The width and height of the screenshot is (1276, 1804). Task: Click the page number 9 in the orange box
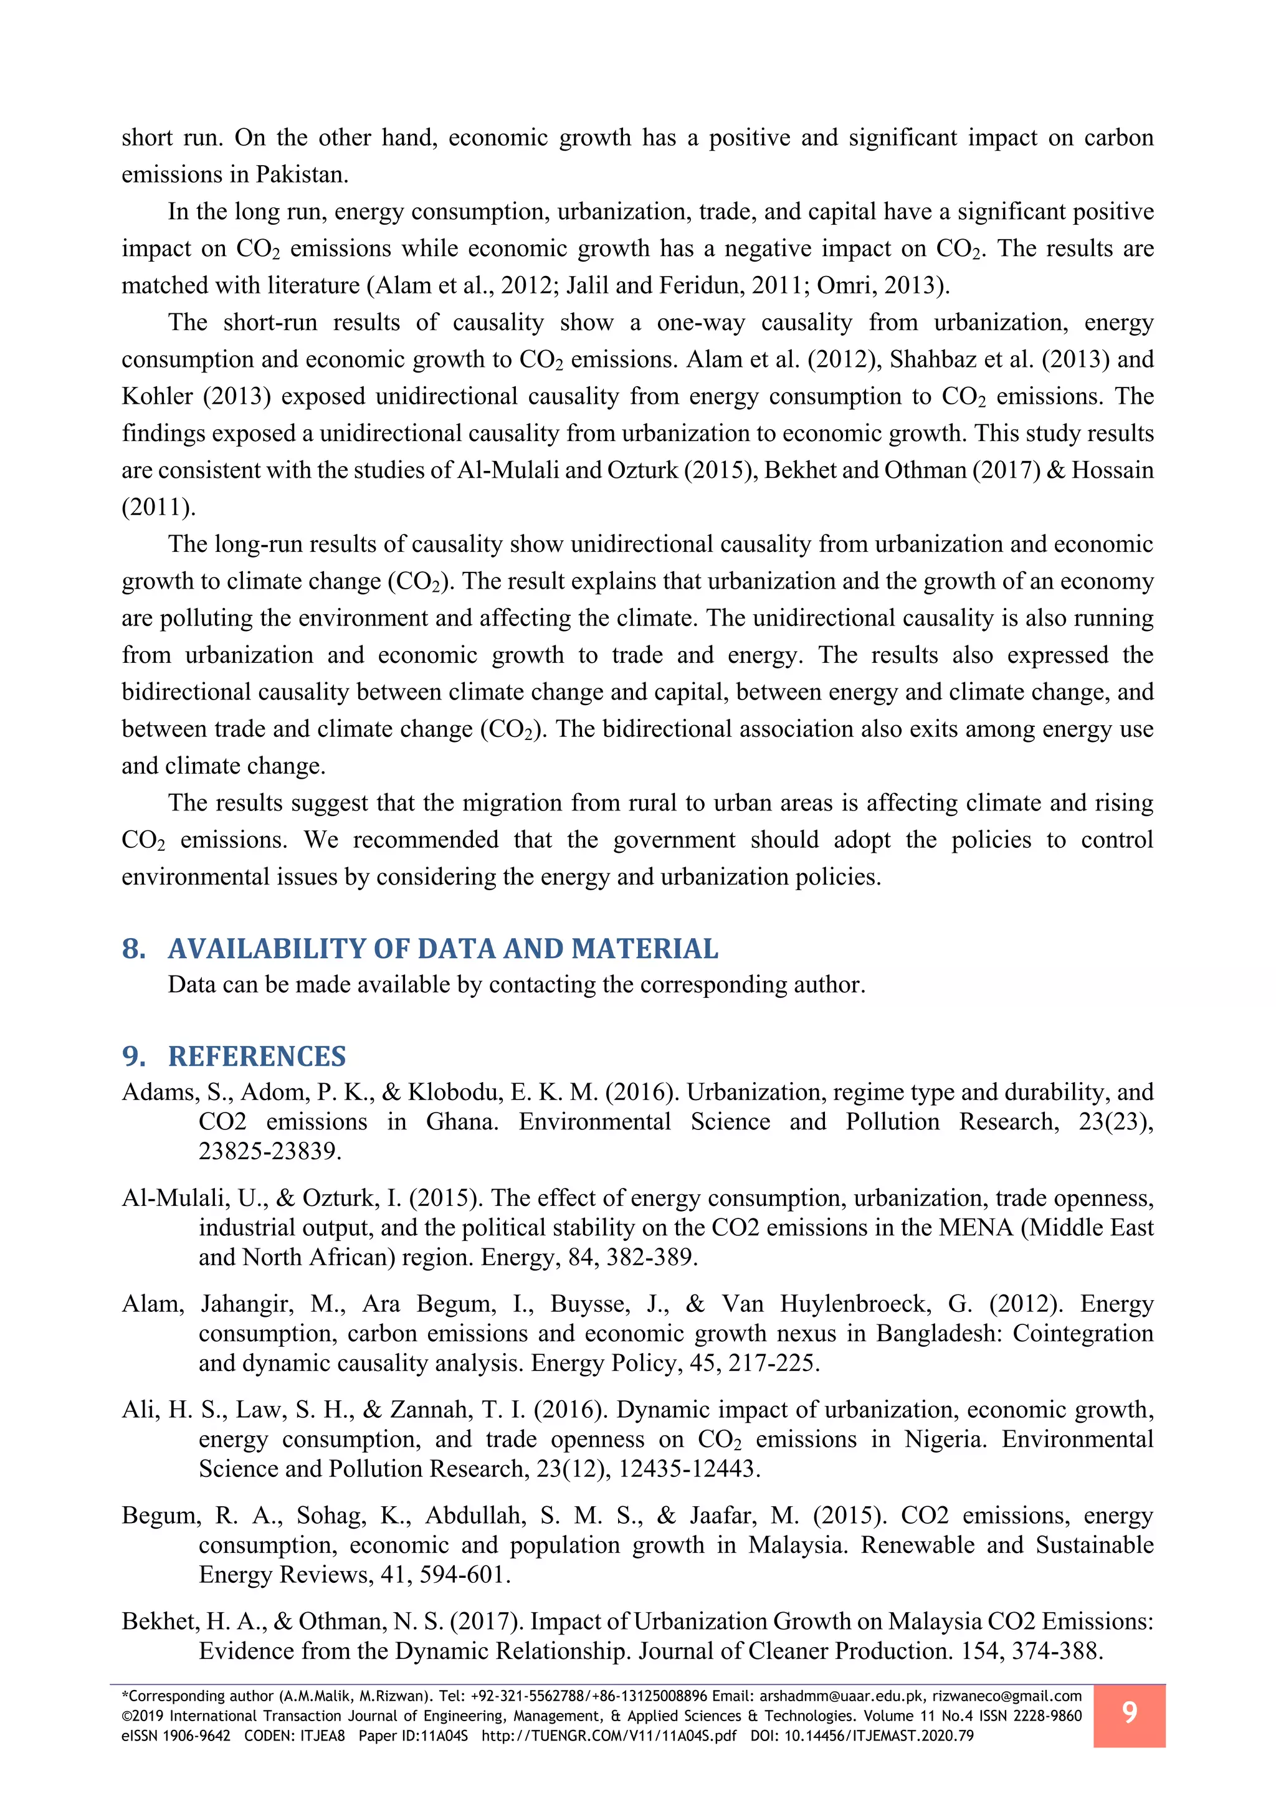click(x=1129, y=1712)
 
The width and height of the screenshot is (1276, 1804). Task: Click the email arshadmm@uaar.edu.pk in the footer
click(x=842, y=1696)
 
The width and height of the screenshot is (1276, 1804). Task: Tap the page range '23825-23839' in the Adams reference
click(x=270, y=1151)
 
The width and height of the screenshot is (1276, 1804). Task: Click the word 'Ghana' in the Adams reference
click(x=461, y=1122)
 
